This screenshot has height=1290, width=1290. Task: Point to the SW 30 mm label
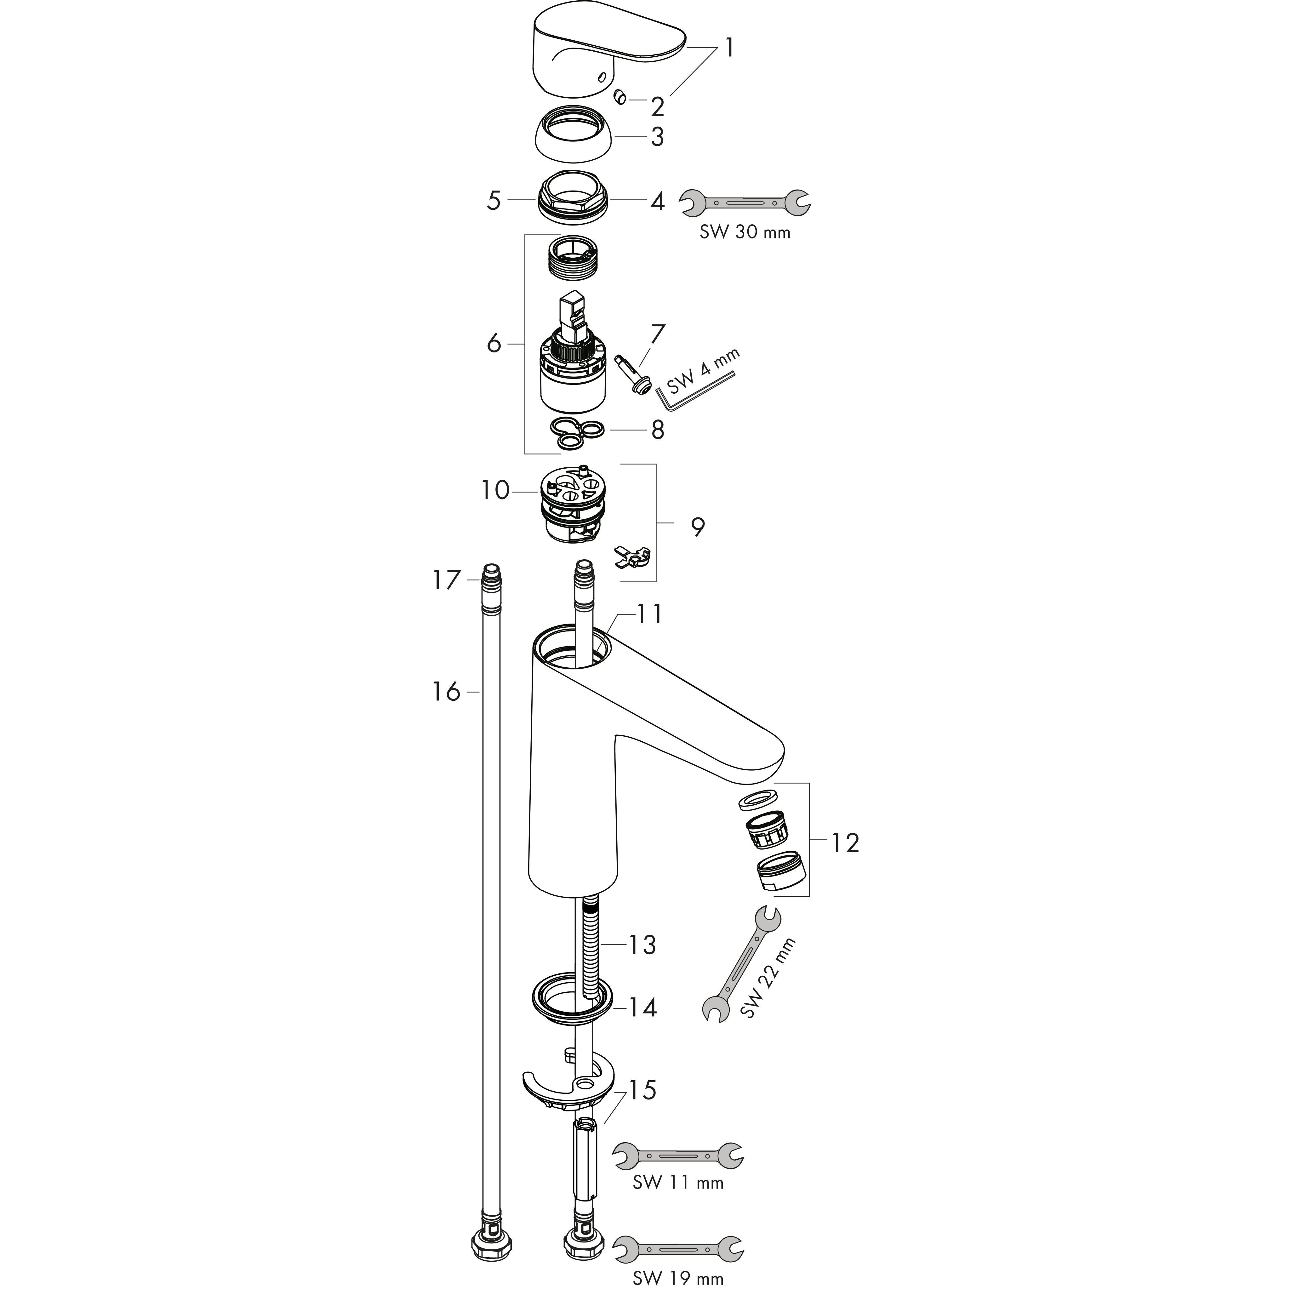745,232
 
